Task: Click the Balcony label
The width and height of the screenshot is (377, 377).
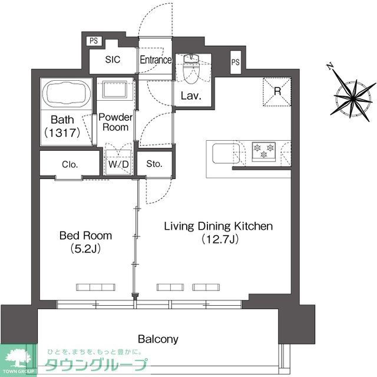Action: point(158,339)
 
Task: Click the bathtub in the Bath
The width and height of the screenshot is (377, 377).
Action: point(66,94)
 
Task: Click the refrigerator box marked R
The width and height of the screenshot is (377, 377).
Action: point(277,91)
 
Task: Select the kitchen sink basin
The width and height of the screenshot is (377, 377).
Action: point(223,153)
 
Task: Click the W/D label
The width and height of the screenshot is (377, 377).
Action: point(120,165)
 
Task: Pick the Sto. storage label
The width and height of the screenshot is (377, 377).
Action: point(154,164)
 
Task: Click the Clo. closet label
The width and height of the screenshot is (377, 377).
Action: point(70,165)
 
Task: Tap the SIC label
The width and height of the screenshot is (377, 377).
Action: point(113,60)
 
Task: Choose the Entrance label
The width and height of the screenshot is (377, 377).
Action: point(156,60)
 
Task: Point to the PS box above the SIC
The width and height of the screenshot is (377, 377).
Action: point(93,41)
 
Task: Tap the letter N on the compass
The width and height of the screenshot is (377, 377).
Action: point(330,66)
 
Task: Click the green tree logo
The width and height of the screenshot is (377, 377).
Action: point(18,357)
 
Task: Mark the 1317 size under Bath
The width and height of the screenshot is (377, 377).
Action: point(61,133)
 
